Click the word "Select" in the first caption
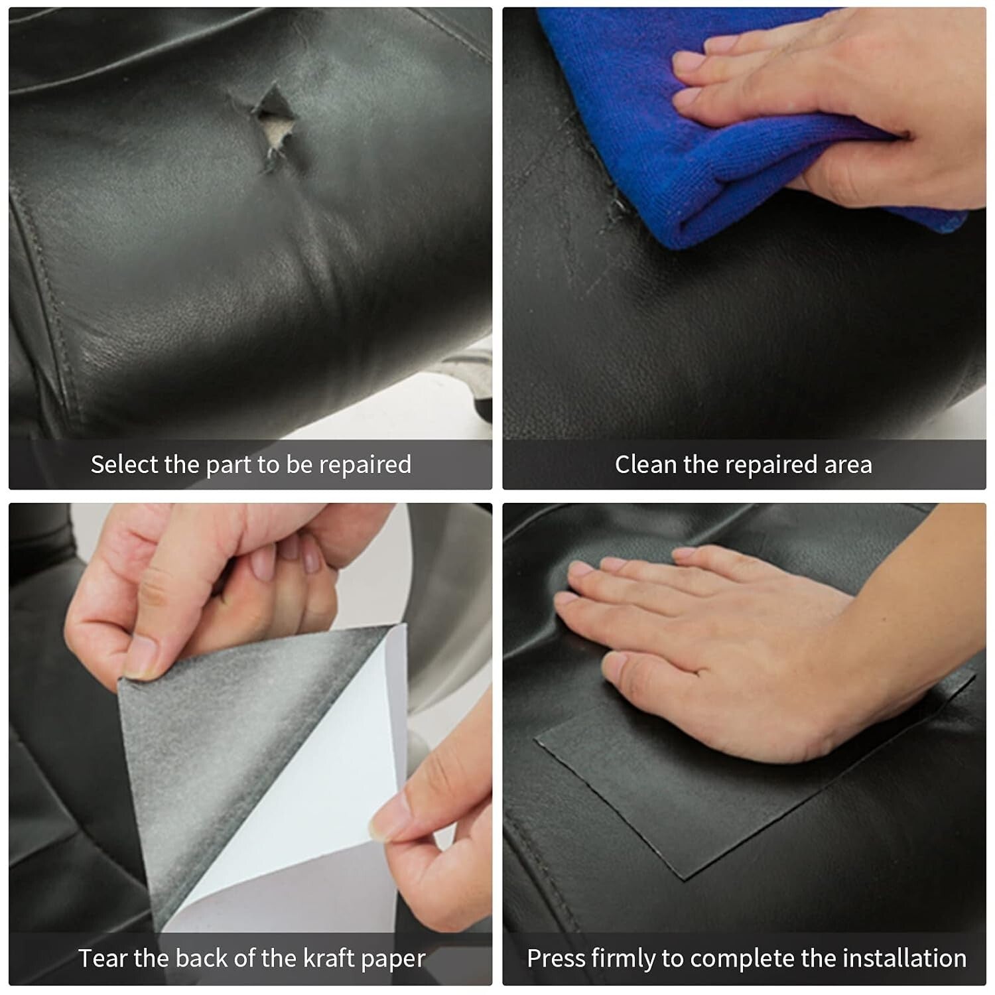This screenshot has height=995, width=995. click(124, 464)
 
